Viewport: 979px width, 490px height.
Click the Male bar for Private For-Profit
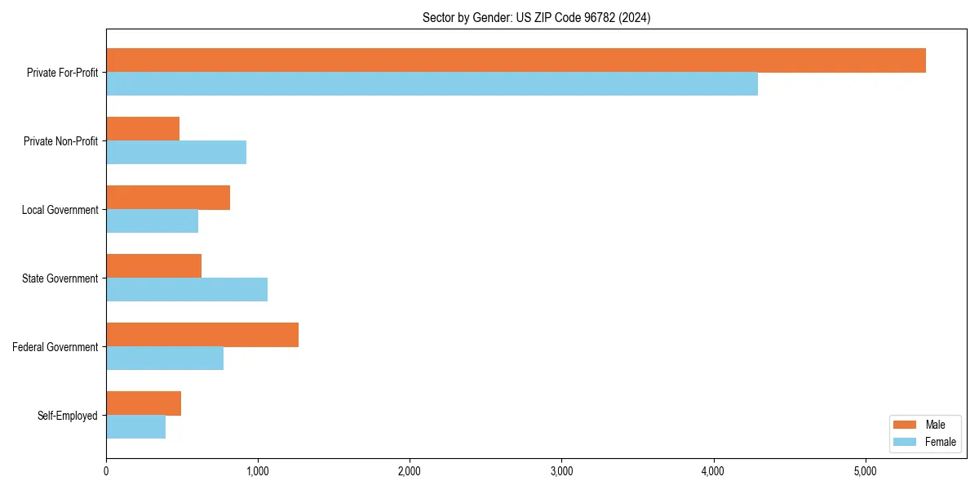(516, 60)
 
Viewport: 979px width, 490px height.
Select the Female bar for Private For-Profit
(432, 84)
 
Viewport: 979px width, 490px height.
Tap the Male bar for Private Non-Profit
(143, 129)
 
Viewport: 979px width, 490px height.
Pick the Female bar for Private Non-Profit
(176, 153)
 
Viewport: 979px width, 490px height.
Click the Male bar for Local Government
(168, 198)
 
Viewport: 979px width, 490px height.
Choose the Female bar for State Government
(187, 290)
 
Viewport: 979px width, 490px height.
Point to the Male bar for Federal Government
(202, 335)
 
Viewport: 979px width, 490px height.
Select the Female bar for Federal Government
(165, 359)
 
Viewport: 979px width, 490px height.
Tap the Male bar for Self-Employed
(144, 403)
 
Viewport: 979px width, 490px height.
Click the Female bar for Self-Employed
(135, 427)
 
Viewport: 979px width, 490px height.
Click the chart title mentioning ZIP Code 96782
(536, 17)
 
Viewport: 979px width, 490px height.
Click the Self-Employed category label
(68, 416)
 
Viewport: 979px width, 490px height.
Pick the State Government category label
(60, 278)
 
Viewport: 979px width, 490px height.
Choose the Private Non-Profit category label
(60, 141)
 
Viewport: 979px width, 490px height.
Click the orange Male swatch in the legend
(906, 425)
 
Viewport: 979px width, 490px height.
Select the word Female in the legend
(940, 442)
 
